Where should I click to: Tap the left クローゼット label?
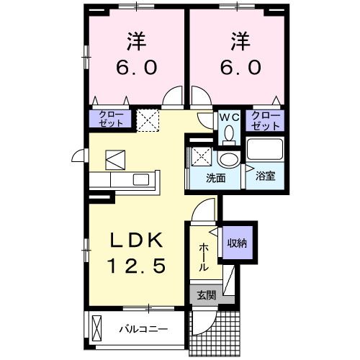click(x=110, y=120)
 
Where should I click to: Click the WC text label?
click(x=229, y=116)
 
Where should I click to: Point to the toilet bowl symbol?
click(x=229, y=133)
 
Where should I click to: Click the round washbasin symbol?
click(x=229, y=159)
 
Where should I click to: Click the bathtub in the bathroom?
click(x=266, y=150)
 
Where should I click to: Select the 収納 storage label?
click(x=238, y=243)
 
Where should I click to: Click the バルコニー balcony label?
click(x=143, y=330)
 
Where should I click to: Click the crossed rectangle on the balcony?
click(x=99, y=328)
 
